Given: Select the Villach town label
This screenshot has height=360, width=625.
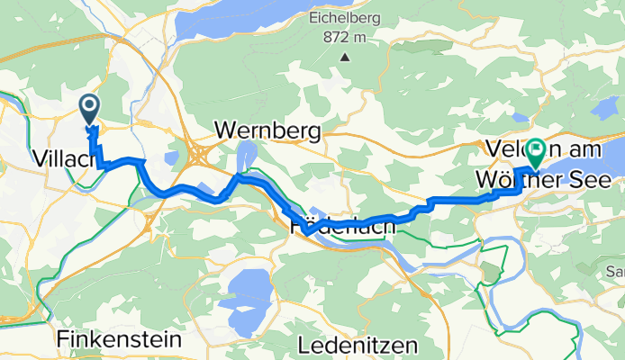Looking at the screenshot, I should point(64,158).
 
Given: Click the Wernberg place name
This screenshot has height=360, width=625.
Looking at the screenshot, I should point(268,131).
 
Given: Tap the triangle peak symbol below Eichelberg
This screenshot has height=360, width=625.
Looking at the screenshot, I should point(345,58).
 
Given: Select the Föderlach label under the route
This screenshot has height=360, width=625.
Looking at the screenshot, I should point(342,229).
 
